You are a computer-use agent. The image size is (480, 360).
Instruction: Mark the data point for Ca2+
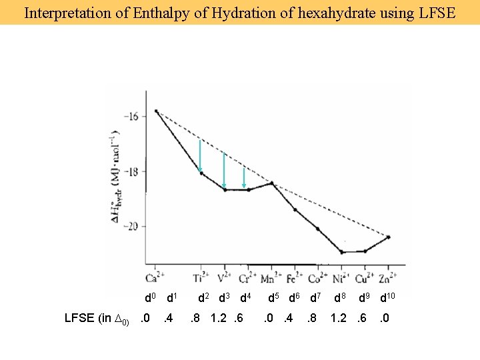click(x=156, y=111)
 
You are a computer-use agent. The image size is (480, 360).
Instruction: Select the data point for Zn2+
click(x=389, y=237)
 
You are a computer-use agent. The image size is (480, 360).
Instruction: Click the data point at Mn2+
click(x=271, y=183)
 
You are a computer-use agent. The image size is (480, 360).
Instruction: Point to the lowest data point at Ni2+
click(x=342, y=252)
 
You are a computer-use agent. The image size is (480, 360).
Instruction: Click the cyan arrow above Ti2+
click(x=200, y=156)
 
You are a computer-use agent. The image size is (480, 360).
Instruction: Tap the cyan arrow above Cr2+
click(x=245, y=177)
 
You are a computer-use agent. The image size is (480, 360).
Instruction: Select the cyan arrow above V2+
click(x=224, y=170)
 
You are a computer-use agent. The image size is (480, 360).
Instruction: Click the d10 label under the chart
click(x=388, y=297)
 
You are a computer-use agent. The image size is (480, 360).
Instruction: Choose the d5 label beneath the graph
click(x=274, y=297)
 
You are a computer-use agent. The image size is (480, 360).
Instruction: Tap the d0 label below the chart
click(x=150, y=297)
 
